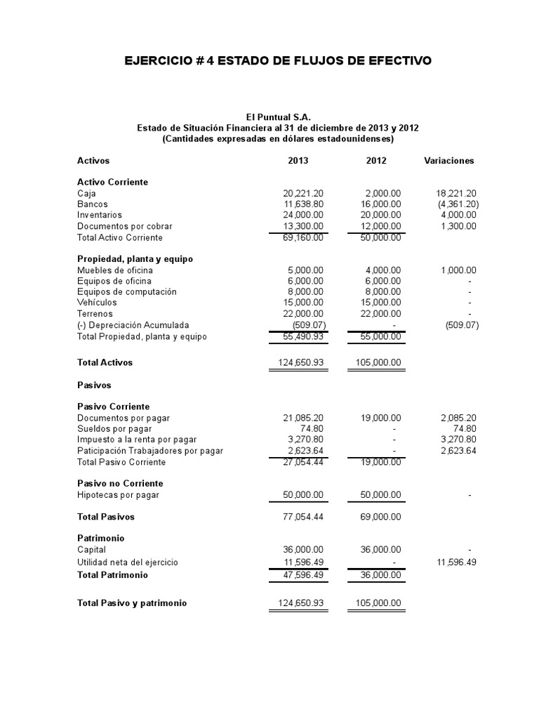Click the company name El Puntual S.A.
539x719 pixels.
(278, 117)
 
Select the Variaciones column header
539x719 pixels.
(449, 161)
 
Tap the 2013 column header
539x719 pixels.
(298, 161)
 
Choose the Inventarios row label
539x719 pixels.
(100, 215)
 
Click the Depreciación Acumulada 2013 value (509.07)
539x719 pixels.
(309, 325)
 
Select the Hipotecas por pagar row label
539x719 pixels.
(118, 495)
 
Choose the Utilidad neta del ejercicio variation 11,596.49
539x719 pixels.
(457, 562)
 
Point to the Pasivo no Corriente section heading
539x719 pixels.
(120, 484)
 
